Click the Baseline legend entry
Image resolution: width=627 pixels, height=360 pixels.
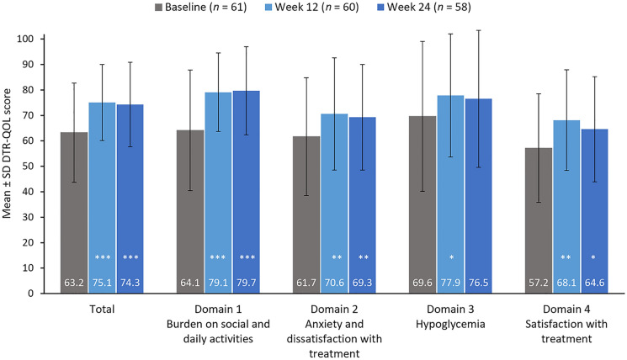tap(201, 8)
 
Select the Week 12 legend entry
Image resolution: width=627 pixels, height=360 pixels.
tap(311, 8)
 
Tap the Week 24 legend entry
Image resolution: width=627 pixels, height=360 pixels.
tap(424, 8)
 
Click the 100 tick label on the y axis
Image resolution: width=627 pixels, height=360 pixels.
tap(25, 39)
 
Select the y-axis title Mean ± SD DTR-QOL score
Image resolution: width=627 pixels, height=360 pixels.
tap(7, 153)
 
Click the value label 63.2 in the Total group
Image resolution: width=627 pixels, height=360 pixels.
tap(74, 283)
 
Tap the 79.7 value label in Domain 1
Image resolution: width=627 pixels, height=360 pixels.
tap(247, 283)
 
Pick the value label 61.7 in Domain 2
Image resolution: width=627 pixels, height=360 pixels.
tap(306, 283)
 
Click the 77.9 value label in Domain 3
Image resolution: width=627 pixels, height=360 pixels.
tap(450, 283)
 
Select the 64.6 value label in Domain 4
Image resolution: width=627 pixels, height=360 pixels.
tap(595, 283)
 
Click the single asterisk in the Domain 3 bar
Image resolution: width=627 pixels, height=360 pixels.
tap(451, 257)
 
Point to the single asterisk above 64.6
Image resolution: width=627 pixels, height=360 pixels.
tap(593, 257)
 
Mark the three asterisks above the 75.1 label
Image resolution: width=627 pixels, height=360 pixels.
tap(103, 257)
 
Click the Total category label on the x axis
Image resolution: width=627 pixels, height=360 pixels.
tap(102, 310)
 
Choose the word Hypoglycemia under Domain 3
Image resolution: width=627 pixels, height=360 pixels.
tap(450, 324)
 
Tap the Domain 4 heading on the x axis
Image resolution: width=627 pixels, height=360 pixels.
tap(566, 310)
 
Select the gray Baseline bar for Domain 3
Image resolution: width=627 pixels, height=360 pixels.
tap(422, 204)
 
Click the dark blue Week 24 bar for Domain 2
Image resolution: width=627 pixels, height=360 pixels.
tap(362, 205)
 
